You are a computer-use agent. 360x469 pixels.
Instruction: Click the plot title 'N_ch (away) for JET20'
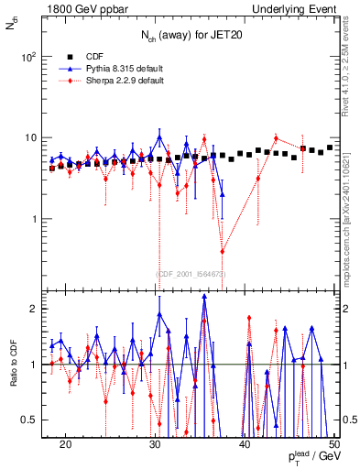coord(191,37)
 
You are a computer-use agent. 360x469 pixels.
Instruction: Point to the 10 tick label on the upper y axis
coord(29,138)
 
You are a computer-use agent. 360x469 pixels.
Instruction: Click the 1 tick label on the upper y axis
coord(33,219)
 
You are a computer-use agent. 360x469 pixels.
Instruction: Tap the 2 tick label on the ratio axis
coord(33,309)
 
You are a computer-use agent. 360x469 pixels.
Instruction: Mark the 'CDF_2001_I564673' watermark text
coord(191,274)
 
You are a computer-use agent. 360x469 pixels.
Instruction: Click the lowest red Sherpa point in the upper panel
coord(222,252)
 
